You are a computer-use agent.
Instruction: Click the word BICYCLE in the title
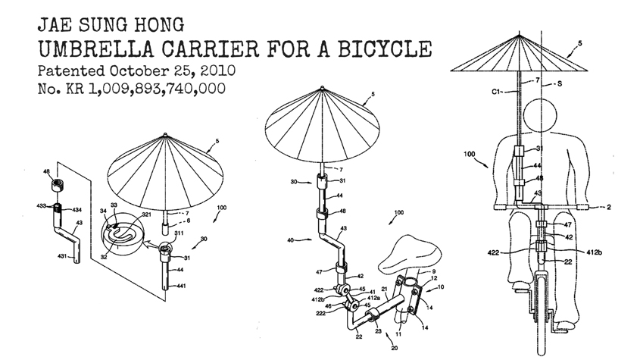click(385, 49)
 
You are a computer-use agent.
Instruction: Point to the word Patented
click(71, 70)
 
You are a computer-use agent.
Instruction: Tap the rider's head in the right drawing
click(540, 116)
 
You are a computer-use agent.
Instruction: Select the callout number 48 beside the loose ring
click(46, 172)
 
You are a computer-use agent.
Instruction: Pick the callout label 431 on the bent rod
click(61, 256)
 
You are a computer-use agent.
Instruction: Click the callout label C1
click(496, 92)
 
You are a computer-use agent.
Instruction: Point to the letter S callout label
click(560, 84)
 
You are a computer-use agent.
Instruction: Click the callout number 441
click(181, 286)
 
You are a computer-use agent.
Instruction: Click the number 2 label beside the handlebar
click(609, 207)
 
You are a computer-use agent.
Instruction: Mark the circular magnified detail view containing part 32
click(123, 236)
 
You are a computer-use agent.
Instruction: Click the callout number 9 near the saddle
click(434, 271)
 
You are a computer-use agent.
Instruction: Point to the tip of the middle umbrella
click(323, 87)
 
